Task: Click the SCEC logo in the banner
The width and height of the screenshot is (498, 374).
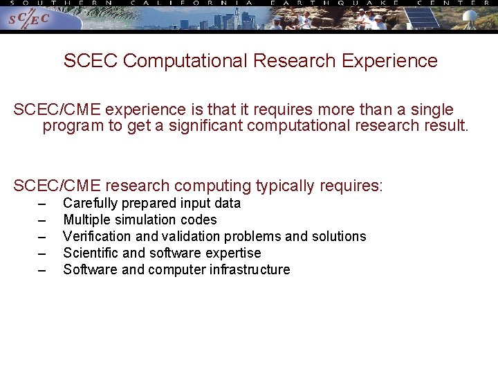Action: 28,19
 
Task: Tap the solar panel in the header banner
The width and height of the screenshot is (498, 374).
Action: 422,19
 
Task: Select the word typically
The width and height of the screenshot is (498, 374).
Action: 285,186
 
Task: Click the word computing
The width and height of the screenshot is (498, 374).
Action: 213,186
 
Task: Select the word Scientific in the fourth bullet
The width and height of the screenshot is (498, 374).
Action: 89,253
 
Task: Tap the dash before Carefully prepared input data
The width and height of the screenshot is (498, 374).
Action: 43,204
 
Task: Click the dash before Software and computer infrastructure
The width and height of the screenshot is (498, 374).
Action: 43,270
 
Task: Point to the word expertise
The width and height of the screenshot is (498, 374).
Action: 233,253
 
